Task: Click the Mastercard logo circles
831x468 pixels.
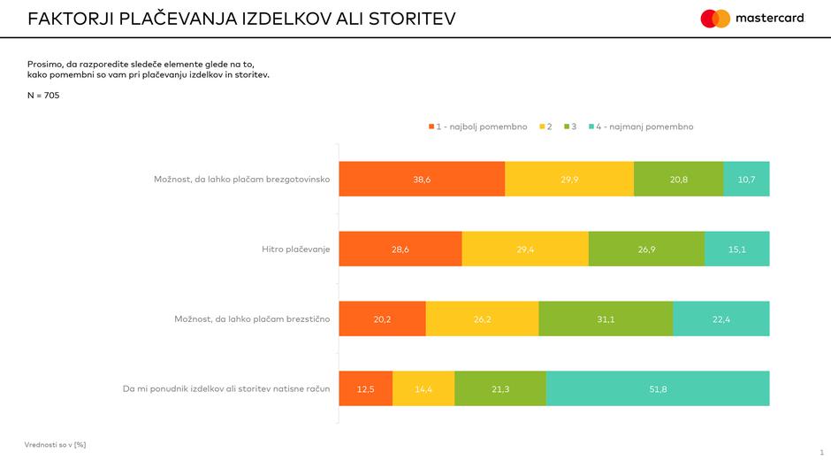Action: pos(715,19)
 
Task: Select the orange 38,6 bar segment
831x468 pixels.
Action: pos(422,179)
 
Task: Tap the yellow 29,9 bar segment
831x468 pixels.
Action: pos(569,179)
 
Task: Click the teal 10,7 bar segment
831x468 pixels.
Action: pos(746,179)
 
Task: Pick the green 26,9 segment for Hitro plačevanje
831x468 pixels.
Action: pos(646,249)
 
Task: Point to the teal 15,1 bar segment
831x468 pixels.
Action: pos(737,249)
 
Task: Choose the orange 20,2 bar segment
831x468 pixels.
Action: pos(382,318)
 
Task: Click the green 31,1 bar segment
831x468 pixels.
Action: pos(606,318)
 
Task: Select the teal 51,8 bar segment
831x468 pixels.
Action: pos(658,388)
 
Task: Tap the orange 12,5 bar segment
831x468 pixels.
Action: pos(365,388)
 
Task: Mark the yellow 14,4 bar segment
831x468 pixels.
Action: pos(423,388)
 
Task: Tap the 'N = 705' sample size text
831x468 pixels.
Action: pos(43,96)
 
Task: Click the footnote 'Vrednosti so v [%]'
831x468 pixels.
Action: pos(55,444)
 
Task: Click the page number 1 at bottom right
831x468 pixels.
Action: pos(821,452)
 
